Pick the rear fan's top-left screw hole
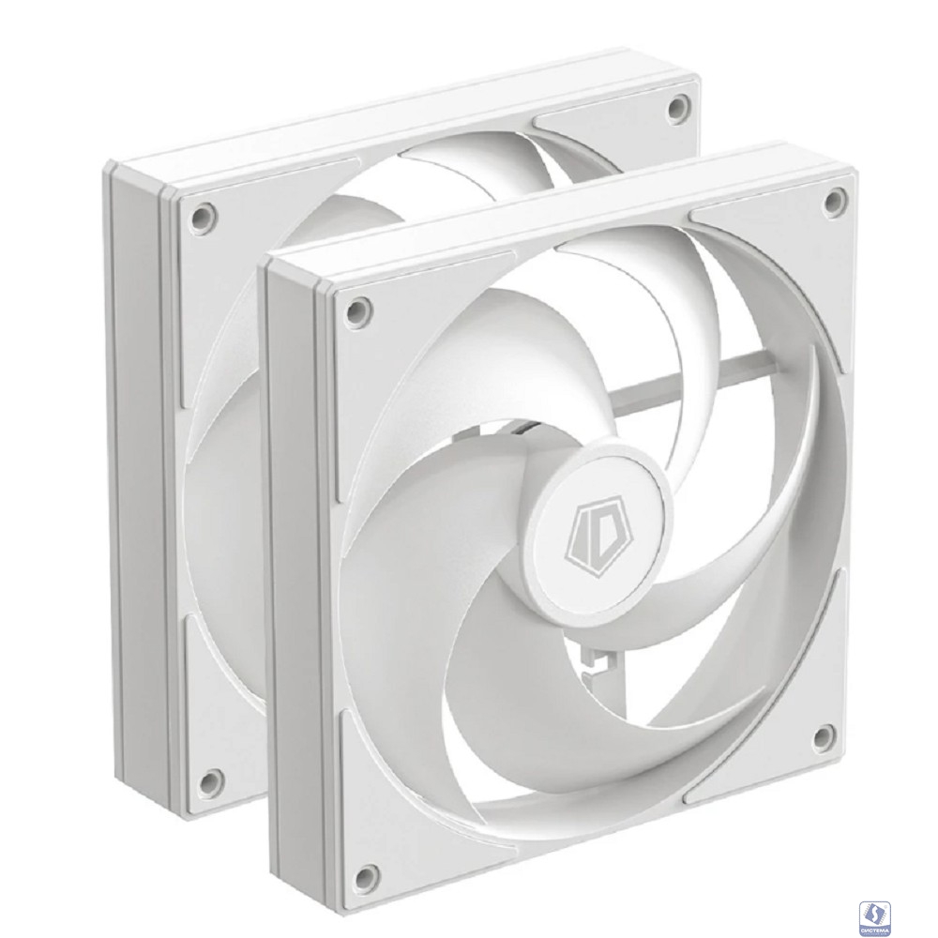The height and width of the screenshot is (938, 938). [x=198, y=213]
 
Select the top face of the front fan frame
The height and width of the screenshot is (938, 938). [x=563, y=201]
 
